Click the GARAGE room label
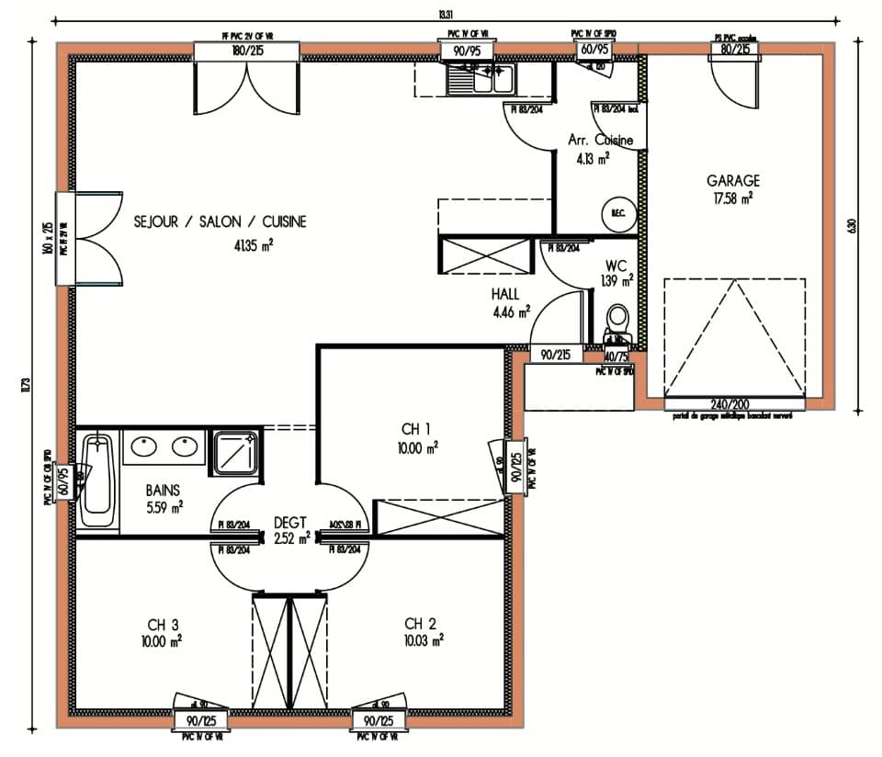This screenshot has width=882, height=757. (x=732, y=181)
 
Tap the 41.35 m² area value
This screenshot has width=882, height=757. (x=254, y=244)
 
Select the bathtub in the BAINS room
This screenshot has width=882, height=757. (x=96, y=481)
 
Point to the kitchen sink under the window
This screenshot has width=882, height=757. (x=481, y=80)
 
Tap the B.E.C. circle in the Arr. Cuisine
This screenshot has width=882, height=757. (x=613, y=215)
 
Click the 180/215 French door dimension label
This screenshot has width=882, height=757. (x=248, y=51)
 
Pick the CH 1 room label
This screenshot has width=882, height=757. (x=415, y=428)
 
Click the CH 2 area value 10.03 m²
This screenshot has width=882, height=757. (x=424, y=639)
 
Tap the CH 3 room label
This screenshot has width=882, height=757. (x=162, y=624)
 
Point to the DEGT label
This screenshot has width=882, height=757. (x=289, y=522)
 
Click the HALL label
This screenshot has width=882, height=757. (x=505, y=294)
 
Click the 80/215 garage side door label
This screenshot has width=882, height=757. (x=734, y=51)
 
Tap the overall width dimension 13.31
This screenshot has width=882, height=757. (x=447, y=12)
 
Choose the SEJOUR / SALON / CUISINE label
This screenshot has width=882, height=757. (x=220, y=222)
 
